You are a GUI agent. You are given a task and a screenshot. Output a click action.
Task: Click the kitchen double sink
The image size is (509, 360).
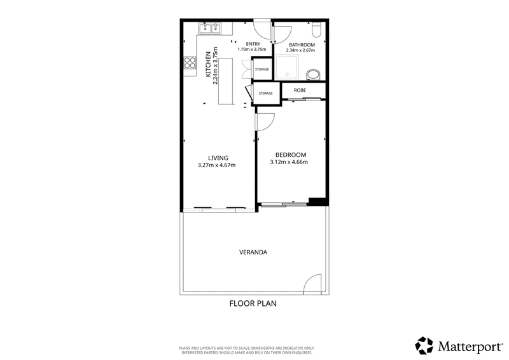tap(211, 29)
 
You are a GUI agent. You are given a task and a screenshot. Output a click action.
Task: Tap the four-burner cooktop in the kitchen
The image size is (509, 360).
tap(190, 63)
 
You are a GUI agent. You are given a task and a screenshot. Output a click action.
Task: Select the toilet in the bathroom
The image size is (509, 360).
tap(316, 29)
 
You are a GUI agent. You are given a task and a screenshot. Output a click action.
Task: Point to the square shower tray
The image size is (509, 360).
tap(287, 67)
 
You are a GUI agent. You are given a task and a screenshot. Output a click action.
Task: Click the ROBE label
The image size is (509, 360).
tap(300, 90)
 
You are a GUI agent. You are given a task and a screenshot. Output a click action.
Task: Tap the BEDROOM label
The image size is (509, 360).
tap(291, 155)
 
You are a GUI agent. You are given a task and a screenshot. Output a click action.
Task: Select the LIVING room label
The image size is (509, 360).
tap(218, 158)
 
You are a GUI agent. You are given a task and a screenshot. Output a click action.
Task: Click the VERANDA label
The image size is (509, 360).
tap(253, 253)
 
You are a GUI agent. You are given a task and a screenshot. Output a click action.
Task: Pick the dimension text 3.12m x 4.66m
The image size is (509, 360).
tap(289, 162)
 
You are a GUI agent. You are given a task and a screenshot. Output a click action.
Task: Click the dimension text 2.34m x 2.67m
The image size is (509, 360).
tap(300, 50)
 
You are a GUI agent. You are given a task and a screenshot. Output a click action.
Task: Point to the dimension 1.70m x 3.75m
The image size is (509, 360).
tap(251, 50)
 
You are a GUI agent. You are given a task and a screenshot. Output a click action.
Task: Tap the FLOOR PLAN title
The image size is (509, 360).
tap(253, 303)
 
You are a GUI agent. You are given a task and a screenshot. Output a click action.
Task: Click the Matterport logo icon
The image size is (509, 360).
tap(424, 345)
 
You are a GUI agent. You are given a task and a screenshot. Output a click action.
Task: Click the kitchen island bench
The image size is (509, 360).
tap(226, 81)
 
